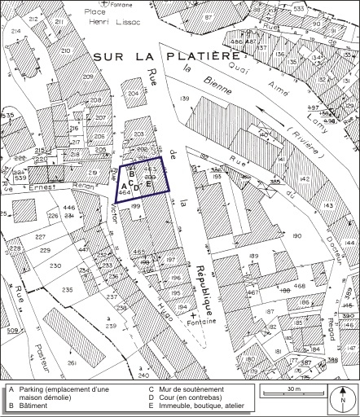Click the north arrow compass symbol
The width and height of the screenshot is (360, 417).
pos(344,399)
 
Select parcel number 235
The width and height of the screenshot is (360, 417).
pos(68,289)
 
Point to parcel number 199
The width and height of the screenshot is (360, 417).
pos(136,208)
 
